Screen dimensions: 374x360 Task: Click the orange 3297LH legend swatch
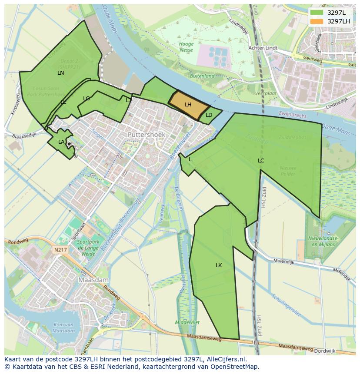317,21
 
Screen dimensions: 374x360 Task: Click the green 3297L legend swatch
317,13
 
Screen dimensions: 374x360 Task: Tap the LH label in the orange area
188,105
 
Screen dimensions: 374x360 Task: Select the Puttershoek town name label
147,135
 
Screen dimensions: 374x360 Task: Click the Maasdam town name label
93,280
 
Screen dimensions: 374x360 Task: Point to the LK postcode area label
219,265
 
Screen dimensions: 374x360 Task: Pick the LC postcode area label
261,161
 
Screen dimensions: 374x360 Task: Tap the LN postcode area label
60,73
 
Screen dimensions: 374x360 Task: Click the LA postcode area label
61,142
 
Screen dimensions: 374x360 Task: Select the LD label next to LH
209,115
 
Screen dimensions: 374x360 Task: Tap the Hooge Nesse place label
186,47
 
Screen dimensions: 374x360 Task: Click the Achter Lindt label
263,48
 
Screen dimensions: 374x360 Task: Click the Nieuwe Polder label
288,171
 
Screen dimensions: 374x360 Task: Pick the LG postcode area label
86,99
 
